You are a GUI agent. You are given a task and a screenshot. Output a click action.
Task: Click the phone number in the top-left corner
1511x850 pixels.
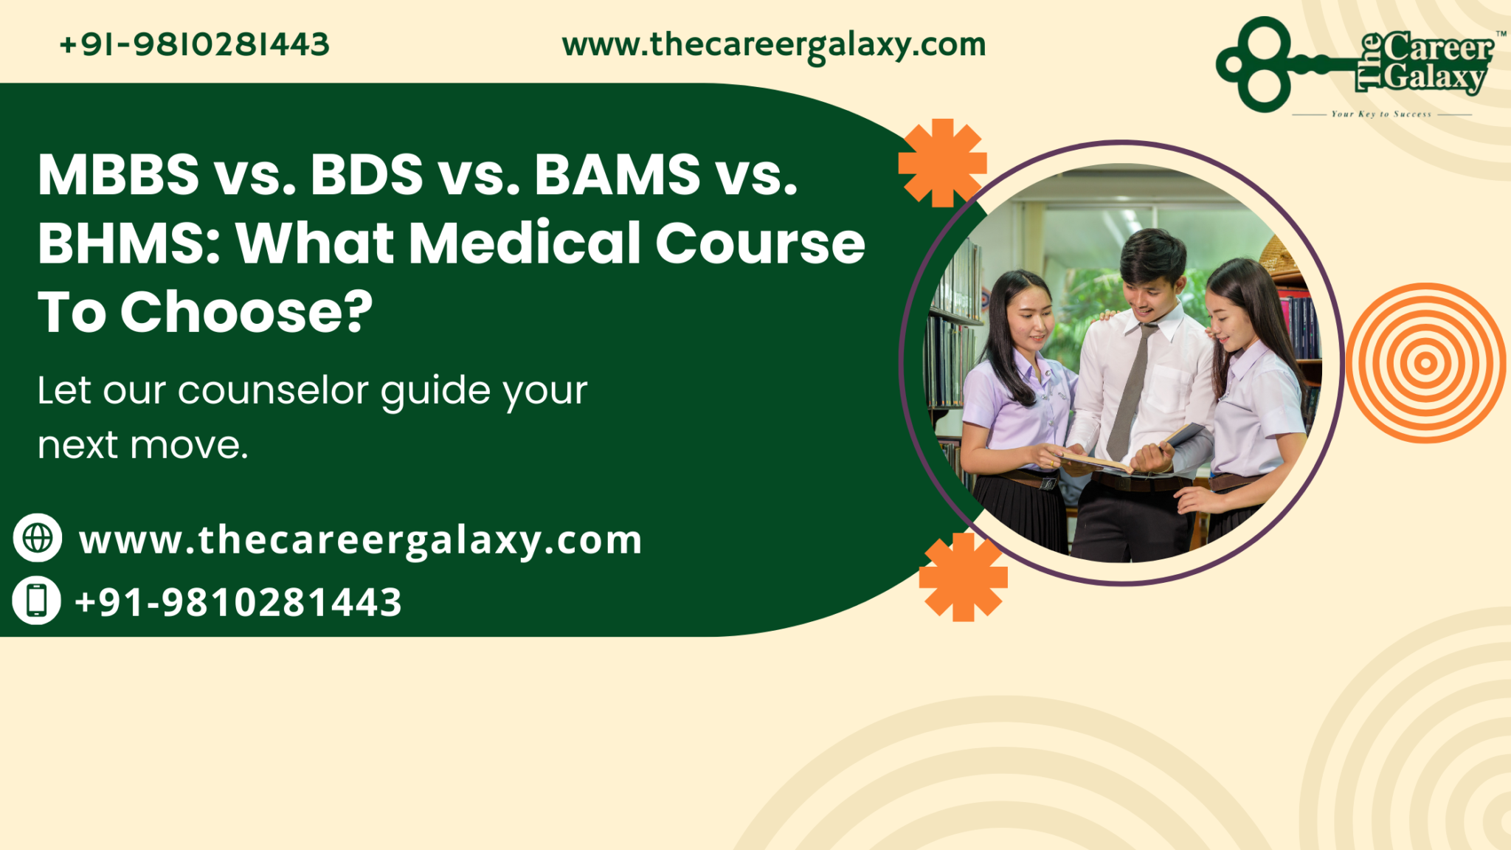coord(194,45)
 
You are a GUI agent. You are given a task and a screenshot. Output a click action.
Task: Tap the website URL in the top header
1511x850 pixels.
coord(773,46)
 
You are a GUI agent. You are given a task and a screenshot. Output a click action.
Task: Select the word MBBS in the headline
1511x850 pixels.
coord(119,176)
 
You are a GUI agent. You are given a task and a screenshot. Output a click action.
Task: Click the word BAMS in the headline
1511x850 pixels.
coord(617,176)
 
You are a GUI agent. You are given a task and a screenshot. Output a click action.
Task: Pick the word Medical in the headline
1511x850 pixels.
coord(525,243)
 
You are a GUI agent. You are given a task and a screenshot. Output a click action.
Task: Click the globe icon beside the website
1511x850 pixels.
coord(38,538)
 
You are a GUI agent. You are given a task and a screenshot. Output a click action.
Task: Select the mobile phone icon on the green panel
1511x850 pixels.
coord(37,600)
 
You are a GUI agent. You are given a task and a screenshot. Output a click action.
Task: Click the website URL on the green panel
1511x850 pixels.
coord(361,541)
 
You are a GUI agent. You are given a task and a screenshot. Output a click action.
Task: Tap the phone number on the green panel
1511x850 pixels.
coord(238,602)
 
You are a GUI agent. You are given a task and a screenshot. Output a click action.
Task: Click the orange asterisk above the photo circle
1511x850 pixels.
coord(942,163)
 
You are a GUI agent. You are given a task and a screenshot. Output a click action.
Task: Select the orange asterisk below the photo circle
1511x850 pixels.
coord(963,577)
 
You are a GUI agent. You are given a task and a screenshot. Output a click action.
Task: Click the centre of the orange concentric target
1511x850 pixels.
coord(1425,363)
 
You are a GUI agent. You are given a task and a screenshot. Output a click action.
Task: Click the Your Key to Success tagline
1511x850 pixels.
coord(1381,114)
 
